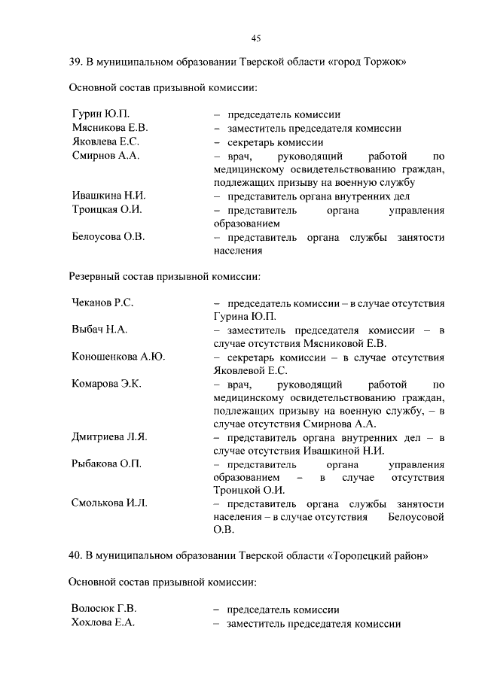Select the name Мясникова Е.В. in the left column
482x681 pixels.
pos(109,129)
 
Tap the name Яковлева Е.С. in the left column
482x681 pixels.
pos(105,142)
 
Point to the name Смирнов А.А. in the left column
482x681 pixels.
pos(105,156)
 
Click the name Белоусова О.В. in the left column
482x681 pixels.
pos(108,237)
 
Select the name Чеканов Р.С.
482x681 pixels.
pos(102,303)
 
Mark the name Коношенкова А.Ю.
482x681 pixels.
pos(118,357)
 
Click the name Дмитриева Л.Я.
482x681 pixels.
pos(108,438)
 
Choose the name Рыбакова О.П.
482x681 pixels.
pos(106,464)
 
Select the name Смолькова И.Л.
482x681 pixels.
pos(109,503)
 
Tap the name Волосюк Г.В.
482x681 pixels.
pos(103,610)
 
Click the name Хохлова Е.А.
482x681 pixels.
pos(102,623)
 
